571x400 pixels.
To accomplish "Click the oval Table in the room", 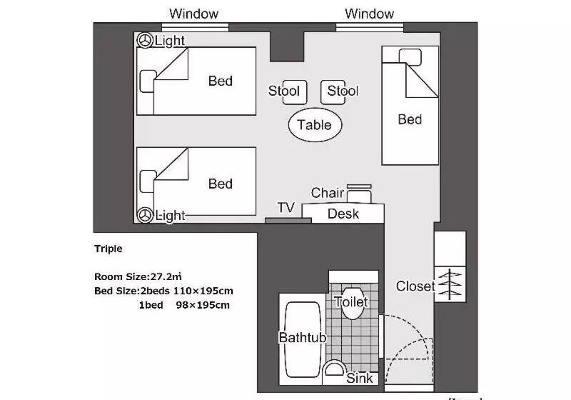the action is click(x=315, y=124).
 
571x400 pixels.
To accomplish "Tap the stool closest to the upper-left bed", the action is click(x=295, y=92).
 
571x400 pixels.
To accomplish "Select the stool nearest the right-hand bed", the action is click(x=333, y=92).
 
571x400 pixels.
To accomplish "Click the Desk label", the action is click(x=343, y=214).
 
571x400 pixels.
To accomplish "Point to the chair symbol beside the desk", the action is click(x=359, y=194).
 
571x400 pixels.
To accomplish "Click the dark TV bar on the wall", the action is click(x=288, y=221).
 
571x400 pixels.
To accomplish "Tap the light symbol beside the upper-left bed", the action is click(x=145, y=41).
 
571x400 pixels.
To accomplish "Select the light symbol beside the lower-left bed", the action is click(x=145, y=215).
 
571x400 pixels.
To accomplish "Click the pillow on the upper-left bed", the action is click(x=148, y=81).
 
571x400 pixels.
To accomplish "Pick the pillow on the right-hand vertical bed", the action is click(x=410, y=57).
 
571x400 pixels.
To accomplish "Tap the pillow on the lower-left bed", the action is click(x=148, y=181).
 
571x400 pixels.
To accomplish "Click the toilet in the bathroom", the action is click(x=352, y=303).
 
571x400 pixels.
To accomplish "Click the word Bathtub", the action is click(x=303, y=337).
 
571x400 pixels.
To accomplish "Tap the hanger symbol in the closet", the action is click(x=450, y=284).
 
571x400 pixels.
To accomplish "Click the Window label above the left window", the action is click(x=193, y=14).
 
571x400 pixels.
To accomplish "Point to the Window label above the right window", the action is click(x=369, y=14).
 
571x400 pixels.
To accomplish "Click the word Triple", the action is click(x=108, y=249).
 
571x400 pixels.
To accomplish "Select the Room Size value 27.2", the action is click(x=161, y=276).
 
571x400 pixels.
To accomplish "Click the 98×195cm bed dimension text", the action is click(x=203, y=305).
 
